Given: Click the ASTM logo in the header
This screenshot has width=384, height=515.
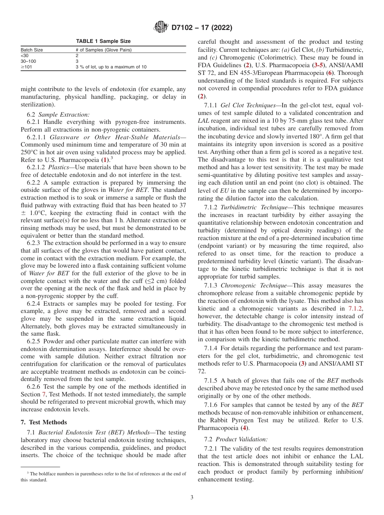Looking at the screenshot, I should (162, 28).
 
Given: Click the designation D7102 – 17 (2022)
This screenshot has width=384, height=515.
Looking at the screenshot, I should (201, 28).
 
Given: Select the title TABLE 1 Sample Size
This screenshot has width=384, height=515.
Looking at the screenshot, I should (103, 41).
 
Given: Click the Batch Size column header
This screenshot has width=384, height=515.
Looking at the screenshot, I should (32, 50).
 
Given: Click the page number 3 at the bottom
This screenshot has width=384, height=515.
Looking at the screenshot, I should (192, 498).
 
